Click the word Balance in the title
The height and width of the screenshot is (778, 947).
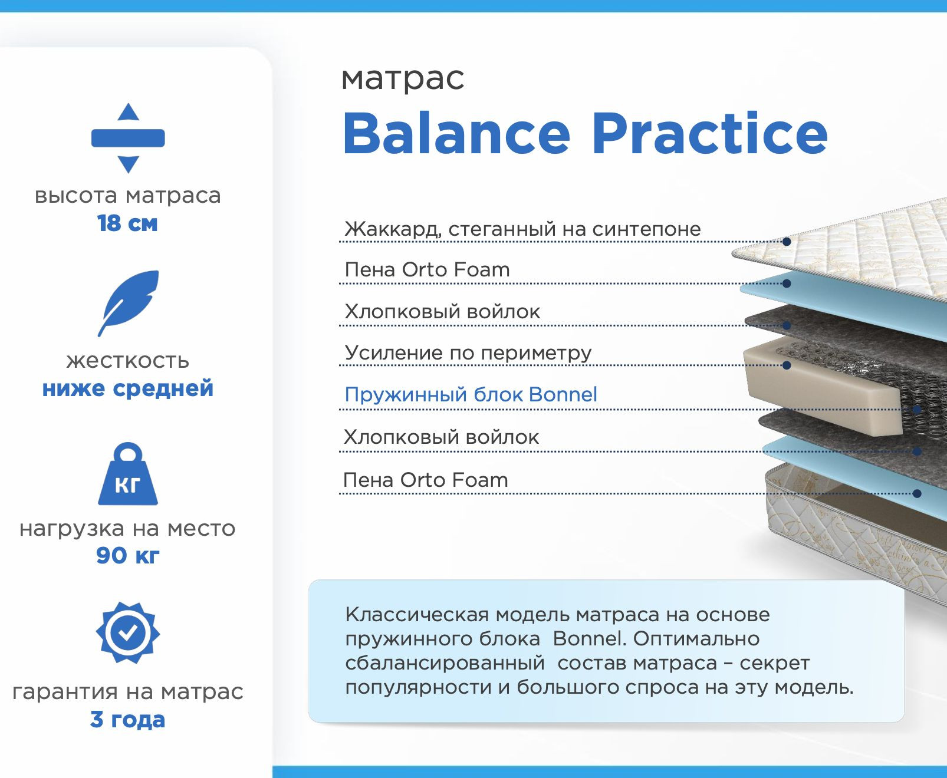(456, 133)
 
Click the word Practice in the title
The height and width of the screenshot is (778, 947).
(709, 133)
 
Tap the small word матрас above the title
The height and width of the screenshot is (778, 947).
(403, 79)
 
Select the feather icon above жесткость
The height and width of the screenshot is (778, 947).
(128, 303)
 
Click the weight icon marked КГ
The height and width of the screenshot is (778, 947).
(128, 474)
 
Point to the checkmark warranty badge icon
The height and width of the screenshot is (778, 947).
(128, 632)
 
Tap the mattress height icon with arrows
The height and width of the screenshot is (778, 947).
(128, 138)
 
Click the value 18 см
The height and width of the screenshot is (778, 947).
(127, 223)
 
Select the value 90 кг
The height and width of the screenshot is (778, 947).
(127, 555)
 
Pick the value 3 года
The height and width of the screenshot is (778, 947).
(127, 720)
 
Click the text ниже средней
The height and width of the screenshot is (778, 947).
(127, 388)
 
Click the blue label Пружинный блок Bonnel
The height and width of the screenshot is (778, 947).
(471, 395)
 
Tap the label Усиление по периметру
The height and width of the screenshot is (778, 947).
(468, 353)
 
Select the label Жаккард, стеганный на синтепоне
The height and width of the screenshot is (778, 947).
(522, 229)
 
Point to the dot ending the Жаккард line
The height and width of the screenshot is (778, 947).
(786, 242)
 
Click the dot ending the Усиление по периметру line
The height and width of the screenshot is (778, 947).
(786, 365)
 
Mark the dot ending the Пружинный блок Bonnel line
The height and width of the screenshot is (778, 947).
(918, 410)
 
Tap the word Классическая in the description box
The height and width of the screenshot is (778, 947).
(417, 615)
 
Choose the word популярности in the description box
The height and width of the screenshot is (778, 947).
(419, 688)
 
